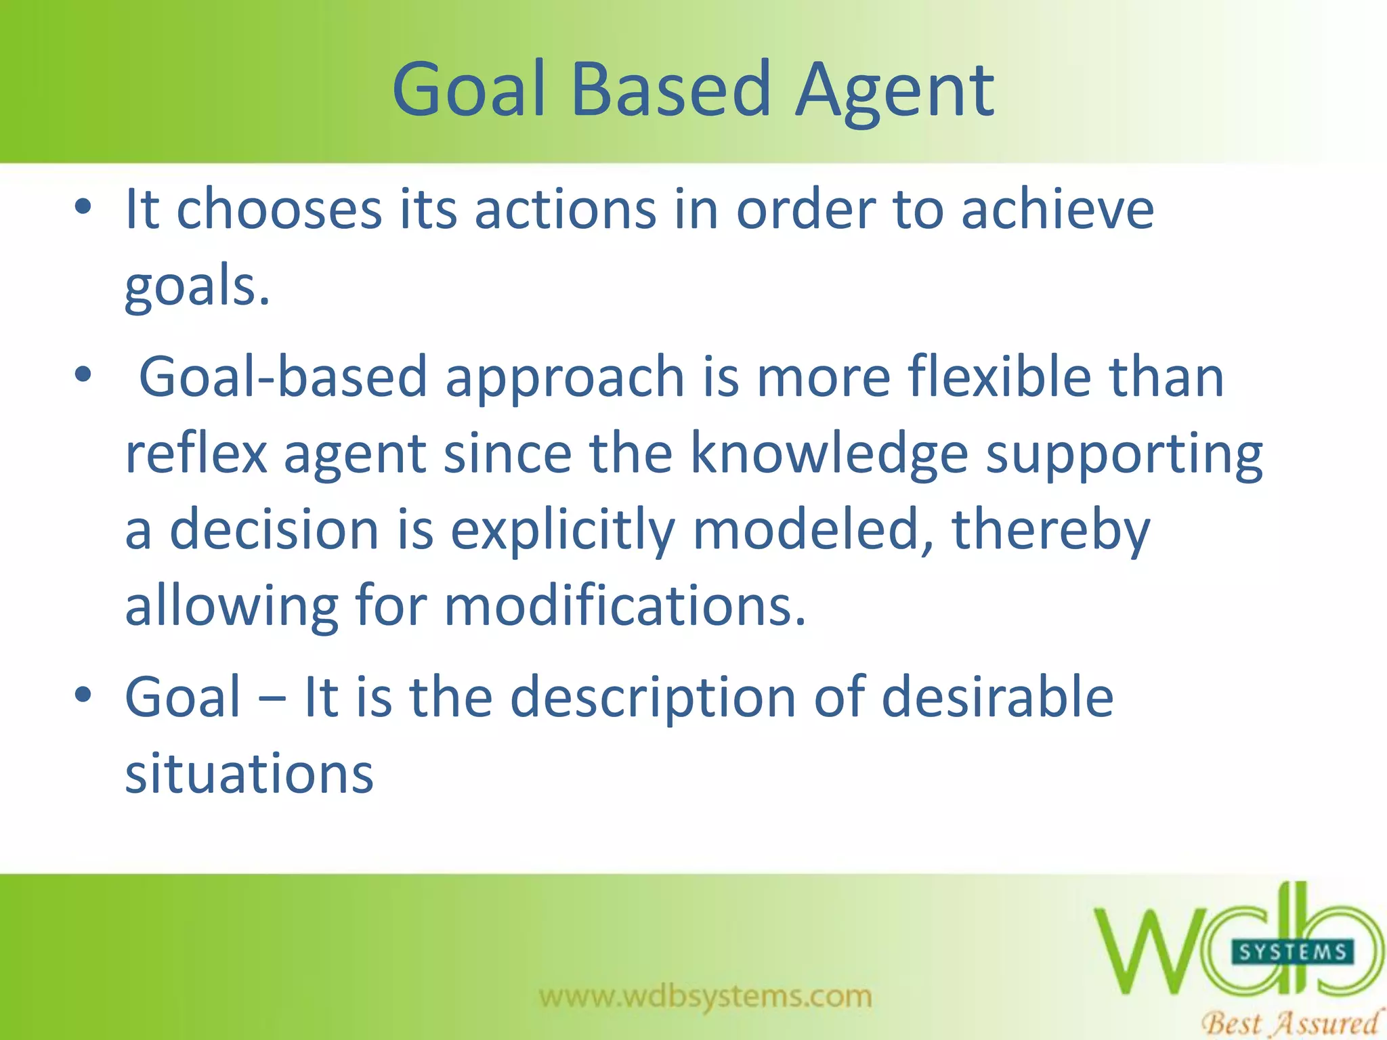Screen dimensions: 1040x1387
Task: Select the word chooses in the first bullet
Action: (x=279, y=210)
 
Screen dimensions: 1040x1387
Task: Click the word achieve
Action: (x=1057, y=210)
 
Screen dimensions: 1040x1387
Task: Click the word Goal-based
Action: (x=283, y=378)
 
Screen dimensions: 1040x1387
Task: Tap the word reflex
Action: (x=196, y=454)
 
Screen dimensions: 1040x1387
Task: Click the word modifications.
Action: (x=624, y=606)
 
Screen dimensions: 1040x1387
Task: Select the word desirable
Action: (x=998, y=697)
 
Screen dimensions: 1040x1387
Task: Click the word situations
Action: (x=249, y=774)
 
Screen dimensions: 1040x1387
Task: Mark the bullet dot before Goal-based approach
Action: (x=83, y=374)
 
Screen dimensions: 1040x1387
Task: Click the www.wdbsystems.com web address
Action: (x=706, y=996)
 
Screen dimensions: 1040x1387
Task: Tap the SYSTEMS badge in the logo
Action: (x=1292, y=952)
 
